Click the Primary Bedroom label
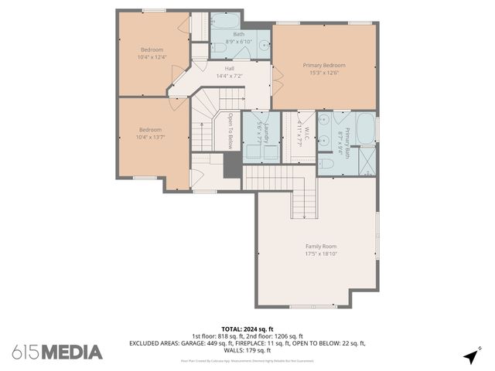323,66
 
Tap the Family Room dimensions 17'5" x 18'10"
321,254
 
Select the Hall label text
230,68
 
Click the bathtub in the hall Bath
227,21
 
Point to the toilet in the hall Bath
219,49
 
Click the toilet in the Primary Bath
326,163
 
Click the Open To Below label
230,131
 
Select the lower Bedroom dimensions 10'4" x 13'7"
151,137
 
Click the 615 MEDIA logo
57,352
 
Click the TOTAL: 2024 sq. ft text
247,328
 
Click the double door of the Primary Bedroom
271,78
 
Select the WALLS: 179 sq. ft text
247,349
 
